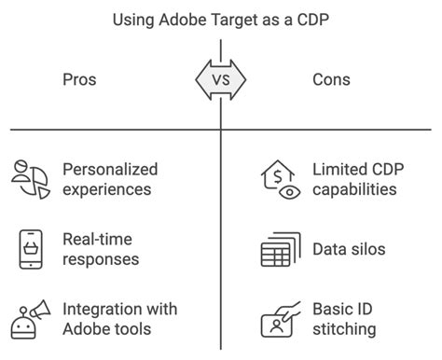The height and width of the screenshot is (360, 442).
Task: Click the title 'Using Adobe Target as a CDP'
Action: (x=220, y=18)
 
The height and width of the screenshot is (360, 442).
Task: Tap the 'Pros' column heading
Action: (x=78, y=80)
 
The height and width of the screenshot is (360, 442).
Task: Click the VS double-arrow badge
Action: (x=221, y=80)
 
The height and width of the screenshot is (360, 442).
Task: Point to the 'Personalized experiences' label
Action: (x=110, y=179)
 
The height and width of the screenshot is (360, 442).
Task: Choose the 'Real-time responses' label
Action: (x=102, y=250)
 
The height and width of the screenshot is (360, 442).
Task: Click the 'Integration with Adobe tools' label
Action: (x=118, y=319)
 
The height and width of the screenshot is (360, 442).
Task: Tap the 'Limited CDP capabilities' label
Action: (x=354, y=179)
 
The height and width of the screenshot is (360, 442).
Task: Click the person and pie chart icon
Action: (x=30, y=178)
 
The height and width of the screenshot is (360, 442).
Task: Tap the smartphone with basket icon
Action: (x=30, y=249)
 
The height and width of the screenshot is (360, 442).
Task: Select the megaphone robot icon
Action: (x=30, y=320)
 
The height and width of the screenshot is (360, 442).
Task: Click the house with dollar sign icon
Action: (x=278, y=179)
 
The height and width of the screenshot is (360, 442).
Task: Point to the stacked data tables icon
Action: (x=280, y=250)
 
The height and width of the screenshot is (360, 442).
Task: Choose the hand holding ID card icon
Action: (x=280, y=319)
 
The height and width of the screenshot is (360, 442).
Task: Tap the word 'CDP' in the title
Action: (x=310, y=18)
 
